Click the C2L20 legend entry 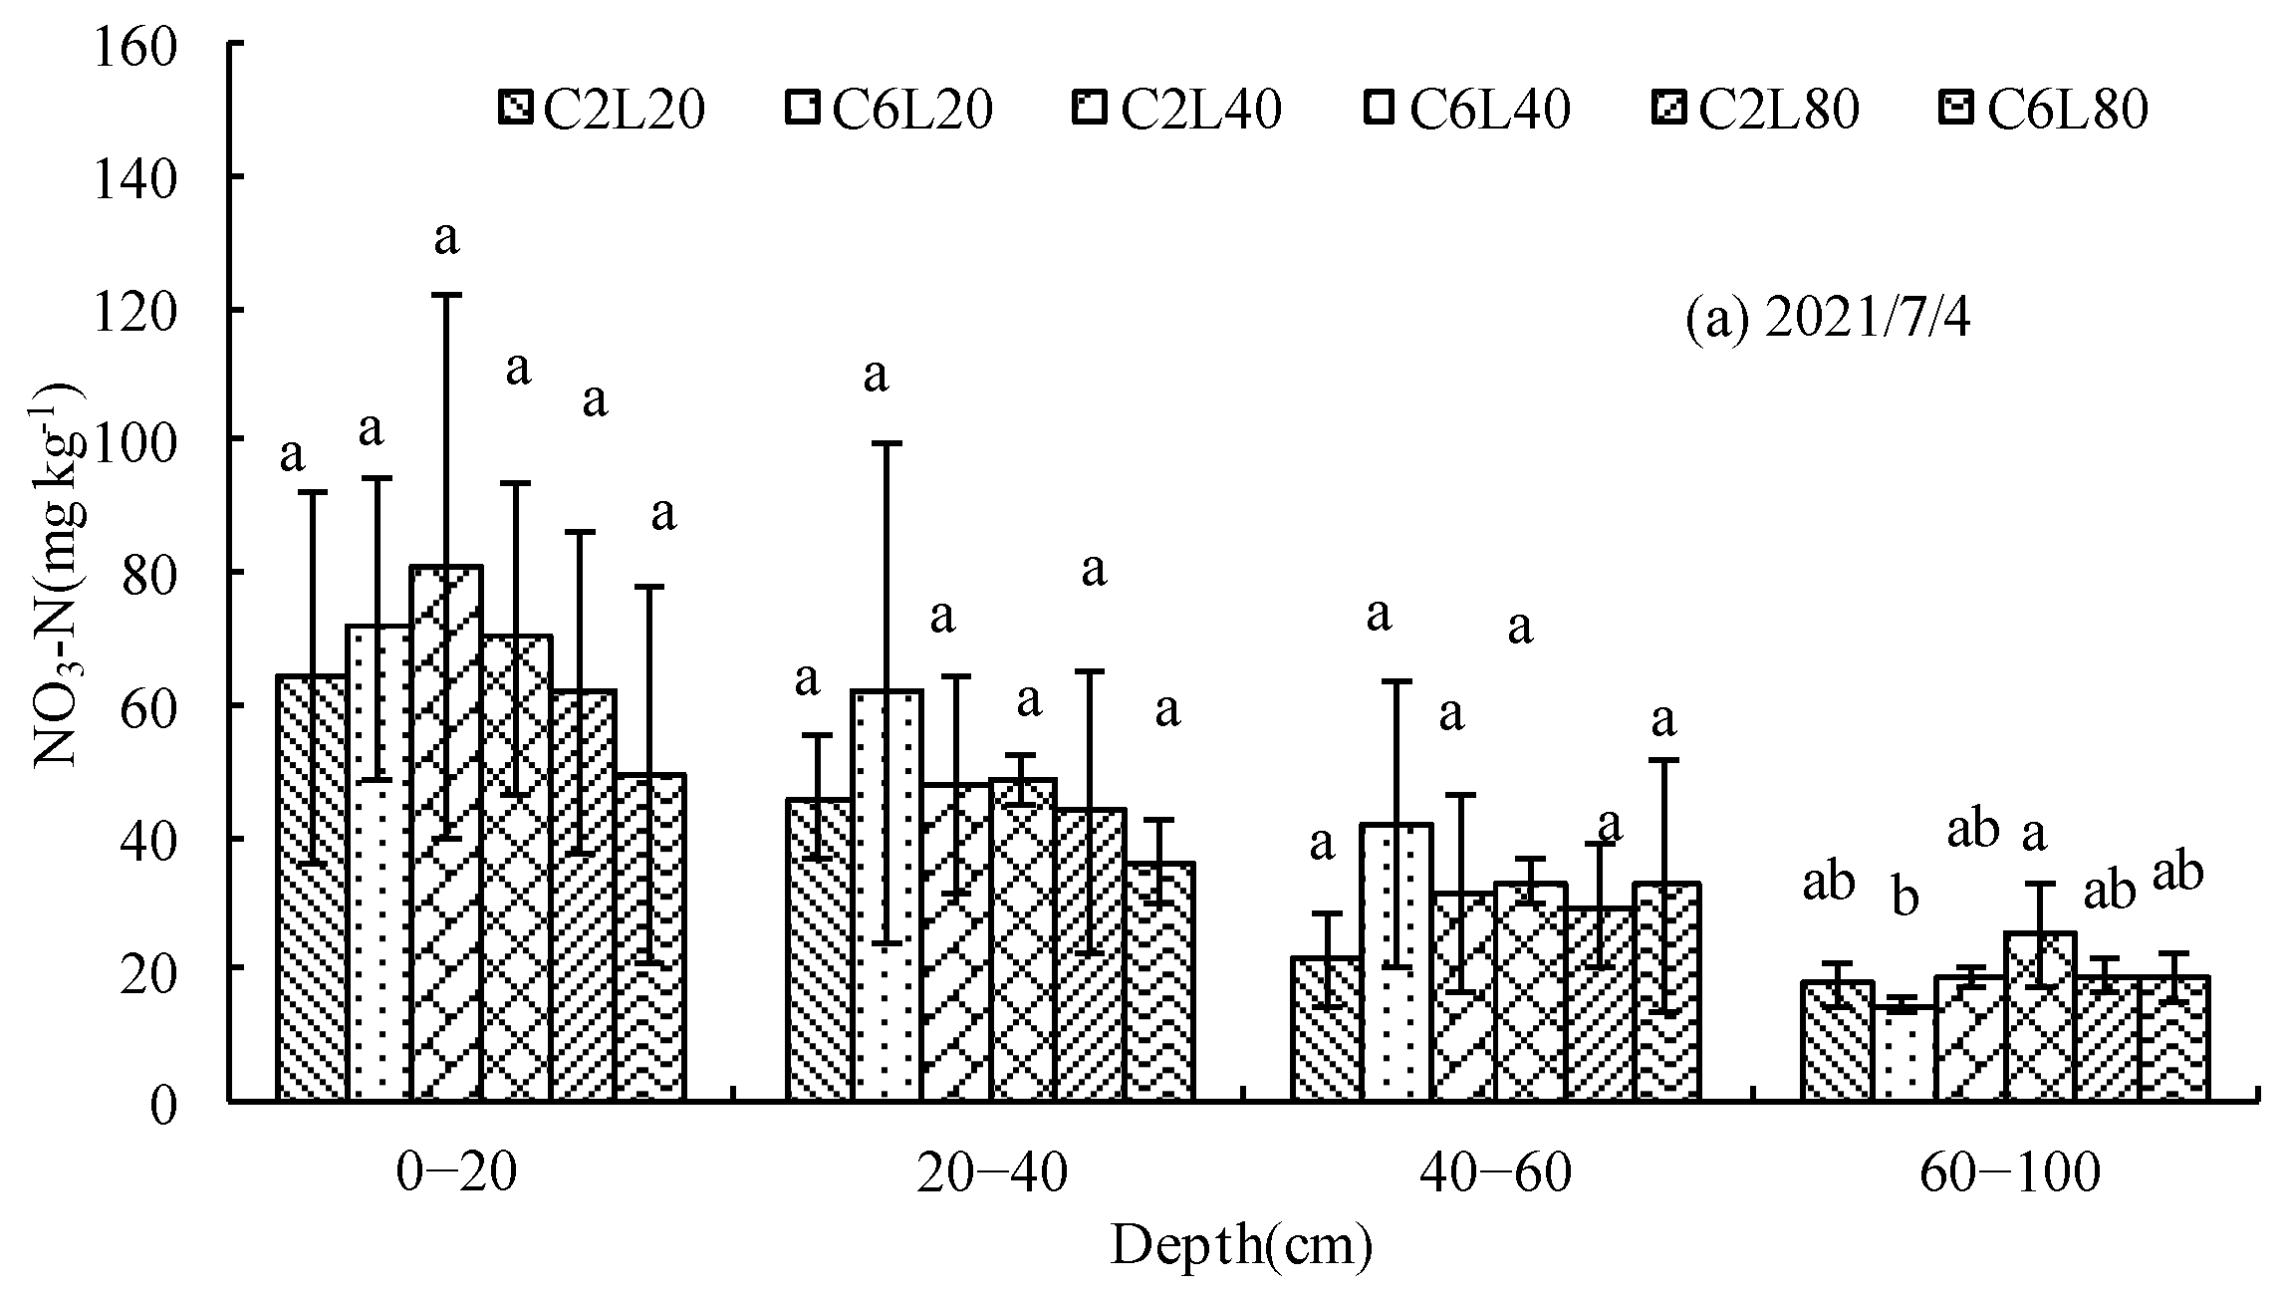click(603, 111)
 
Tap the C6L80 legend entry click(2047, 111)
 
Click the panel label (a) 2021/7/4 click(1827, 321)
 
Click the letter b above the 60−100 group click(1904, 898)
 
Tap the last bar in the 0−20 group click(649, 936)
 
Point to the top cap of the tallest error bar click(446, 295)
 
